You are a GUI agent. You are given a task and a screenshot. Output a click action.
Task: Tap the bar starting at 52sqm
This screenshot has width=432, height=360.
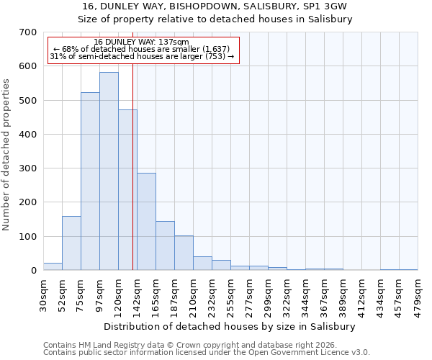click(x=71, y=243)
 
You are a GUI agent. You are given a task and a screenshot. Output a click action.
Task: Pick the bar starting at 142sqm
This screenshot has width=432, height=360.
click(x=146, y=222)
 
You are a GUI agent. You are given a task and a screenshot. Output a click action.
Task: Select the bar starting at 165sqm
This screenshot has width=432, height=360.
click(x=165, y=246)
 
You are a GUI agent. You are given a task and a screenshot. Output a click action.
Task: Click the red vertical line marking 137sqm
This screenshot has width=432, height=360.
click(x=133, y=180)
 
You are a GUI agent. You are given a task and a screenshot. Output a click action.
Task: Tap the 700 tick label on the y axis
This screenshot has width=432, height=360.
click(x=28, y=32)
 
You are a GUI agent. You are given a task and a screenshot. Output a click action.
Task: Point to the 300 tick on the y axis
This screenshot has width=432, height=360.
click(x=28, y=168)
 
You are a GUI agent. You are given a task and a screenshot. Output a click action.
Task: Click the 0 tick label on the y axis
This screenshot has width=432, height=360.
click(x=33, y=271)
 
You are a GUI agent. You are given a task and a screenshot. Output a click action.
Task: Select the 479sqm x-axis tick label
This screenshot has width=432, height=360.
click(x=418, y=295)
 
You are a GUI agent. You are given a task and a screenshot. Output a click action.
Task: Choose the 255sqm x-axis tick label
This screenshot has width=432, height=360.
click(x=231, y=296)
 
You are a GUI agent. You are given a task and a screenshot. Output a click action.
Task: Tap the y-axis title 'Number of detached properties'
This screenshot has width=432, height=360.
click(x=7, y=155)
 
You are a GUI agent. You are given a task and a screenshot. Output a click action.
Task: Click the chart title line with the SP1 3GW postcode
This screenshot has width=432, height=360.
click(x=215, y=6)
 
